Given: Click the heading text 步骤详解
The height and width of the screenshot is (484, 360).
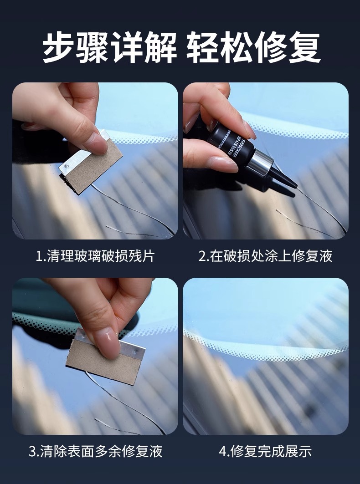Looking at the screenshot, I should click(x=109, y=47).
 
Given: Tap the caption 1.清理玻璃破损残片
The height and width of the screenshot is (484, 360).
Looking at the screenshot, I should click(x=95, y=256).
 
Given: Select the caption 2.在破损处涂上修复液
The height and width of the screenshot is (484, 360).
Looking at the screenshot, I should click(x=265, y=256).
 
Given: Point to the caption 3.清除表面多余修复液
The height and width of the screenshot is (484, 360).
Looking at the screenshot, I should click(x=95, y=451).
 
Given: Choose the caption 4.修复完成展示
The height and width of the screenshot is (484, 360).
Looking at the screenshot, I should click(x=265, y=451).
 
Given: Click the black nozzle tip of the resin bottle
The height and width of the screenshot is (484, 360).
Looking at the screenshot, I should click(x=285, y=180).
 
